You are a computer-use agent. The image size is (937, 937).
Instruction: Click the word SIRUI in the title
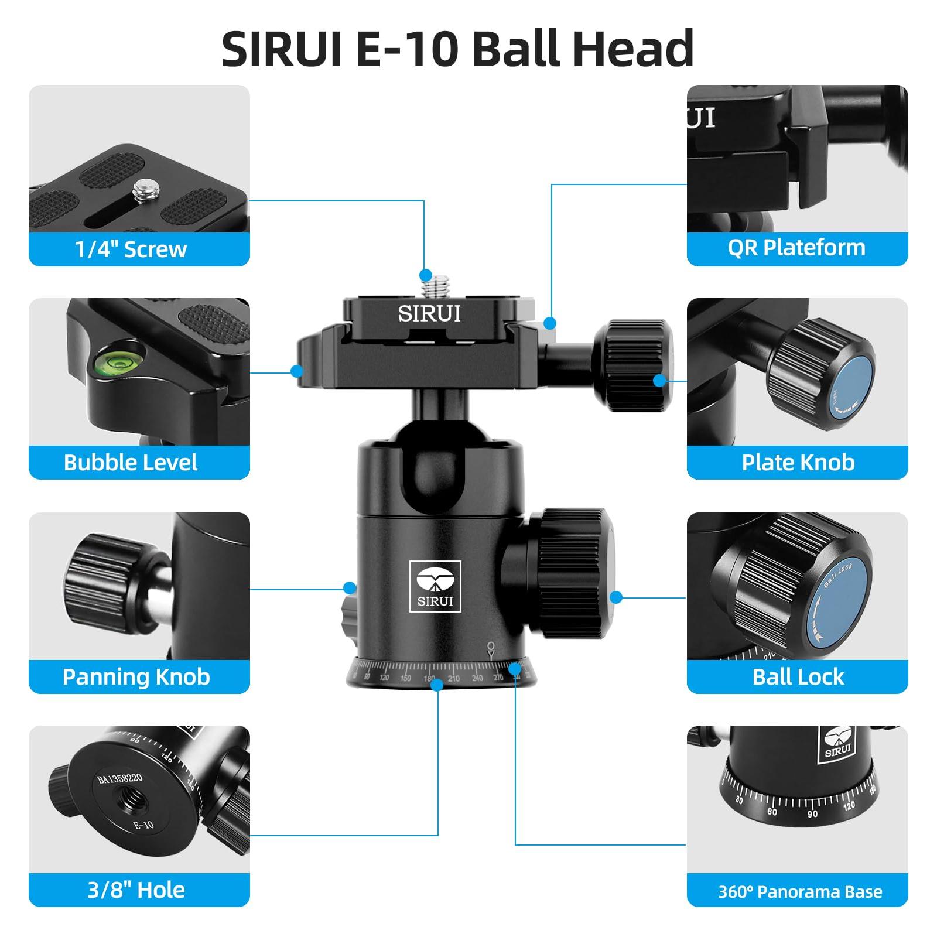(x=282, y=49)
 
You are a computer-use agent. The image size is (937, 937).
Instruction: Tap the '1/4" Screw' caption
(x=131, y=249)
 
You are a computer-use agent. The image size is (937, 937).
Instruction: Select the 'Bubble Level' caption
(x=131, y=463)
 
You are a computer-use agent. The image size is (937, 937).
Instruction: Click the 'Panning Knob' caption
(x=136, y=677)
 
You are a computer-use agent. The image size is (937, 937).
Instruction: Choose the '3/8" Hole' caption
(x=136, y=890)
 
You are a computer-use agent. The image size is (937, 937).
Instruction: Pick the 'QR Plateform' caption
(x=796, y=248)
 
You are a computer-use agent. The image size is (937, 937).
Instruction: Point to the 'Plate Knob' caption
(x=798, y=463)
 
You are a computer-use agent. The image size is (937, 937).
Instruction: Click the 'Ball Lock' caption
(x=798, y=677)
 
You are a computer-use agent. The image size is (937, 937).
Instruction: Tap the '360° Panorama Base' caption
(x=800, y=892)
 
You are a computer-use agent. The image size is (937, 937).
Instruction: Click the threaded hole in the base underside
(x=128, y=799)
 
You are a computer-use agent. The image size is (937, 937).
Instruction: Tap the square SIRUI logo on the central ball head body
(x=435, y=586)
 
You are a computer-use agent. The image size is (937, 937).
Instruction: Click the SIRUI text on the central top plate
(x=429, y=314)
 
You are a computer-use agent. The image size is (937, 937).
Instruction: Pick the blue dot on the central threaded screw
(x=426, y=275)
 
